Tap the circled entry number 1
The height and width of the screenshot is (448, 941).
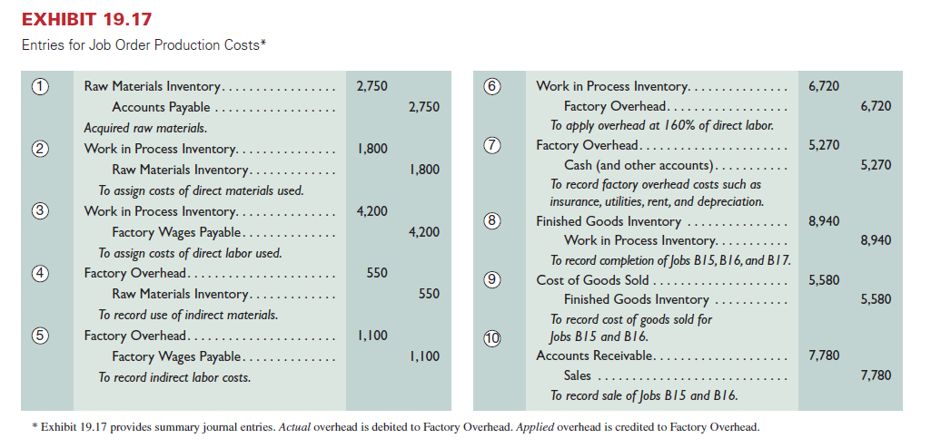pos(39,87)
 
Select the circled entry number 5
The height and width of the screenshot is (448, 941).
pos(39,336)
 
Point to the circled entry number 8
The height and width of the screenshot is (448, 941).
pos(491,220)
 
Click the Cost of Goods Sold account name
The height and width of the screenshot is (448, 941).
pos(592,280)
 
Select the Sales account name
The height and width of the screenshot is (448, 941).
pos(578,375)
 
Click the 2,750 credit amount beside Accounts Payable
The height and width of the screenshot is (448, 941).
pos(423,108)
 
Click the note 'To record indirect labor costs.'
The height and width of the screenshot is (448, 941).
pos(174,377)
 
